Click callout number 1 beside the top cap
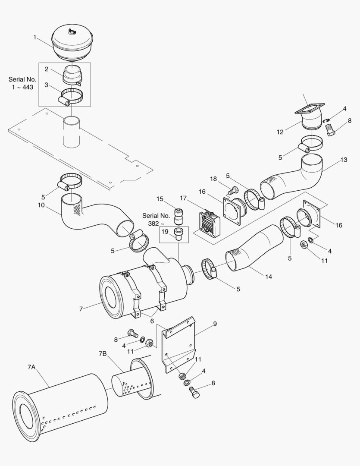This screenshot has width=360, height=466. (x=35, y=38)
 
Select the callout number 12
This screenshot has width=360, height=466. (x=280, y=132)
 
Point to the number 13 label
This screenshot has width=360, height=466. (x=344, y=160)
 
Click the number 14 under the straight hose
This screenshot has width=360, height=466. (x=269, y=277)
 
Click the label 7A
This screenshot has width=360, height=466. (x=31, y=367)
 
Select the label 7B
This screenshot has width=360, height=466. (x=102, y=354)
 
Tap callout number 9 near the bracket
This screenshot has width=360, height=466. (x=215, y=324)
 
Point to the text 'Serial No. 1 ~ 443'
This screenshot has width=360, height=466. (x=22, y=83)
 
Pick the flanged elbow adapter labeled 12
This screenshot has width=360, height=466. (x=311, y=116)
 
